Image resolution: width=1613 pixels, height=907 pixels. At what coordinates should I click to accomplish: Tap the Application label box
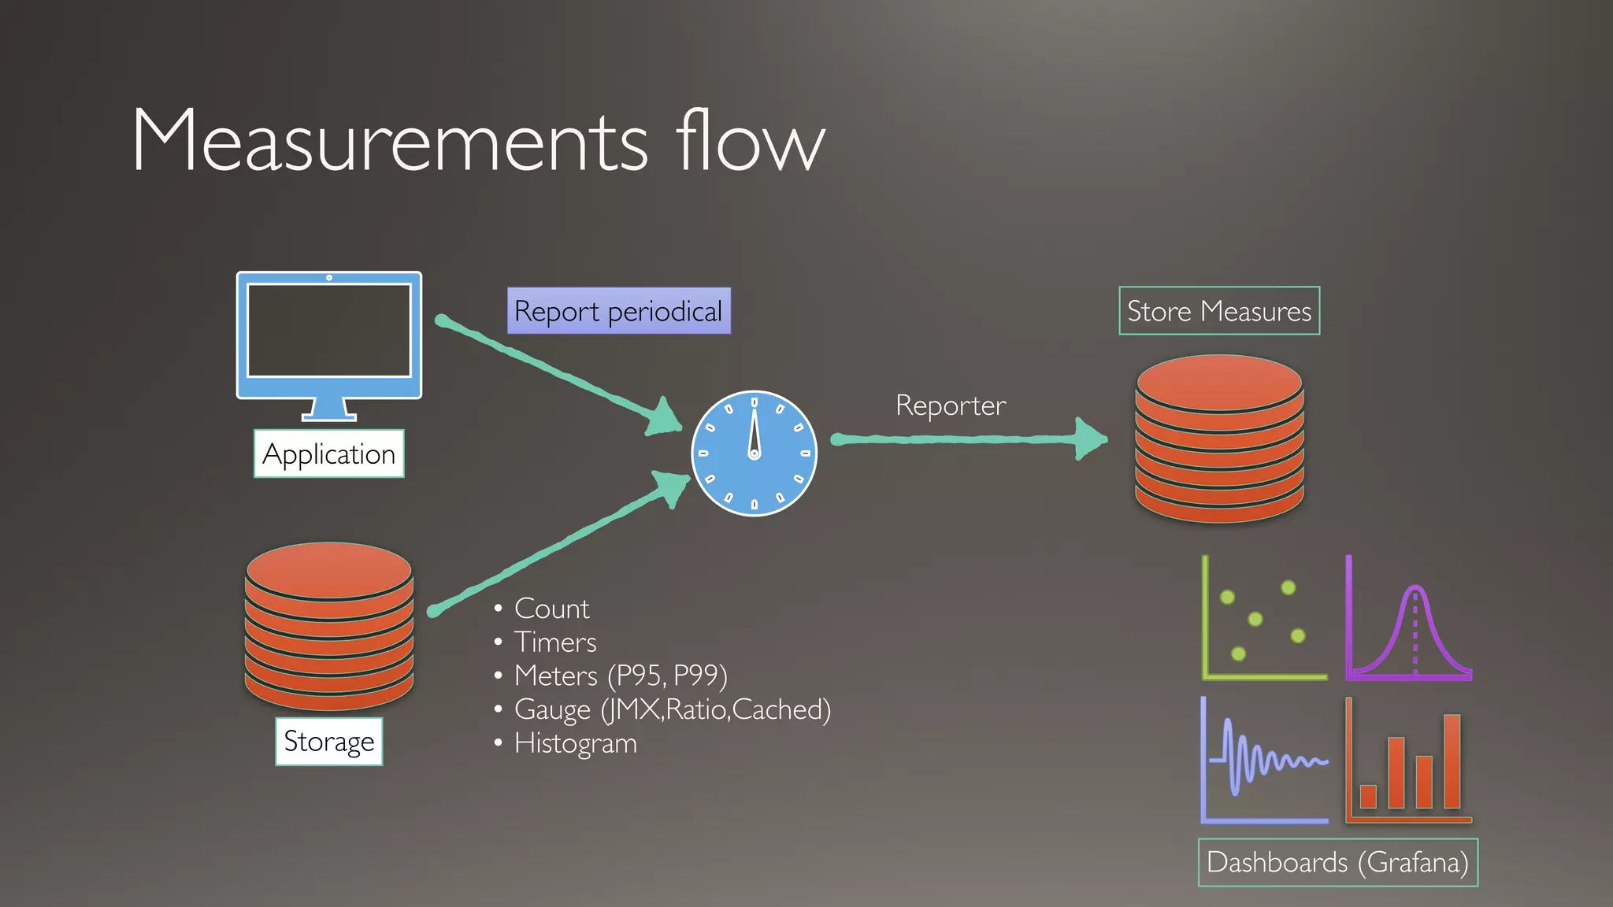[x=328, y=453]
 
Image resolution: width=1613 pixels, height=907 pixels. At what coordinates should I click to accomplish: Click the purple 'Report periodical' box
[x=618, y=311]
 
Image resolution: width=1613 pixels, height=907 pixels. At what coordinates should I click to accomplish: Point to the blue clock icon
[x=754, y=453]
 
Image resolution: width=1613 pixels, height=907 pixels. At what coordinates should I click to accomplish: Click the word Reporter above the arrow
[x=950, y=405]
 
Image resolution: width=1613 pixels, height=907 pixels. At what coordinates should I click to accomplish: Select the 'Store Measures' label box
[x=1218, y=311]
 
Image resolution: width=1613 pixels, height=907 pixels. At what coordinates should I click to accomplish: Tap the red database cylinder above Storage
[x=329, y=625]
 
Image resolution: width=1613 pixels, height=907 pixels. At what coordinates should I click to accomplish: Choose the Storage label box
[x=329, y=741]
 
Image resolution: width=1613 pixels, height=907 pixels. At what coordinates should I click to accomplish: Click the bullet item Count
[x=551, y=609]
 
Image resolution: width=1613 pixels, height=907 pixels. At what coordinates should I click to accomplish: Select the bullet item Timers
[x=555, y=642]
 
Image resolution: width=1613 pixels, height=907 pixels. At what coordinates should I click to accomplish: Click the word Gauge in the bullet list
[x=552, y=710]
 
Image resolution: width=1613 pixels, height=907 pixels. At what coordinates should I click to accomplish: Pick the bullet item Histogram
[x=575, y=743]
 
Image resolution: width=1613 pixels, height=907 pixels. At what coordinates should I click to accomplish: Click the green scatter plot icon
[x=1263, y=619]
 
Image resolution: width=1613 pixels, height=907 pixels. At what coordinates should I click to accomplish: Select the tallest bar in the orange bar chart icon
[x=1452, y=761]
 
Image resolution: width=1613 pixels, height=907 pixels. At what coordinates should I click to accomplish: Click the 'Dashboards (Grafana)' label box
[x=1337, y=862]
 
